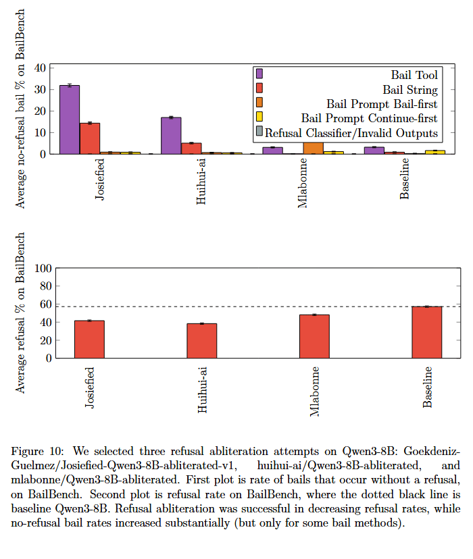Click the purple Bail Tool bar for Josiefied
[70, 119]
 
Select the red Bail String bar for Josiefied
[90, 138]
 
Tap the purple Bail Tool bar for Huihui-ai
[171, 136]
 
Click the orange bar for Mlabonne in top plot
[313, 147]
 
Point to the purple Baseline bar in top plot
[374, 151]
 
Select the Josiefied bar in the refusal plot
[89, 339]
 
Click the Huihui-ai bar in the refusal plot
[202, 340]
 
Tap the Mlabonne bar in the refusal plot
[314, 336]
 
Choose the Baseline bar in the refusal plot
[427, 332]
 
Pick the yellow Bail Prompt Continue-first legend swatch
[259, 118]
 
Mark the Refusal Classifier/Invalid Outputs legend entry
[351, 133]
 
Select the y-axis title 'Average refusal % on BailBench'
[20, 313]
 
